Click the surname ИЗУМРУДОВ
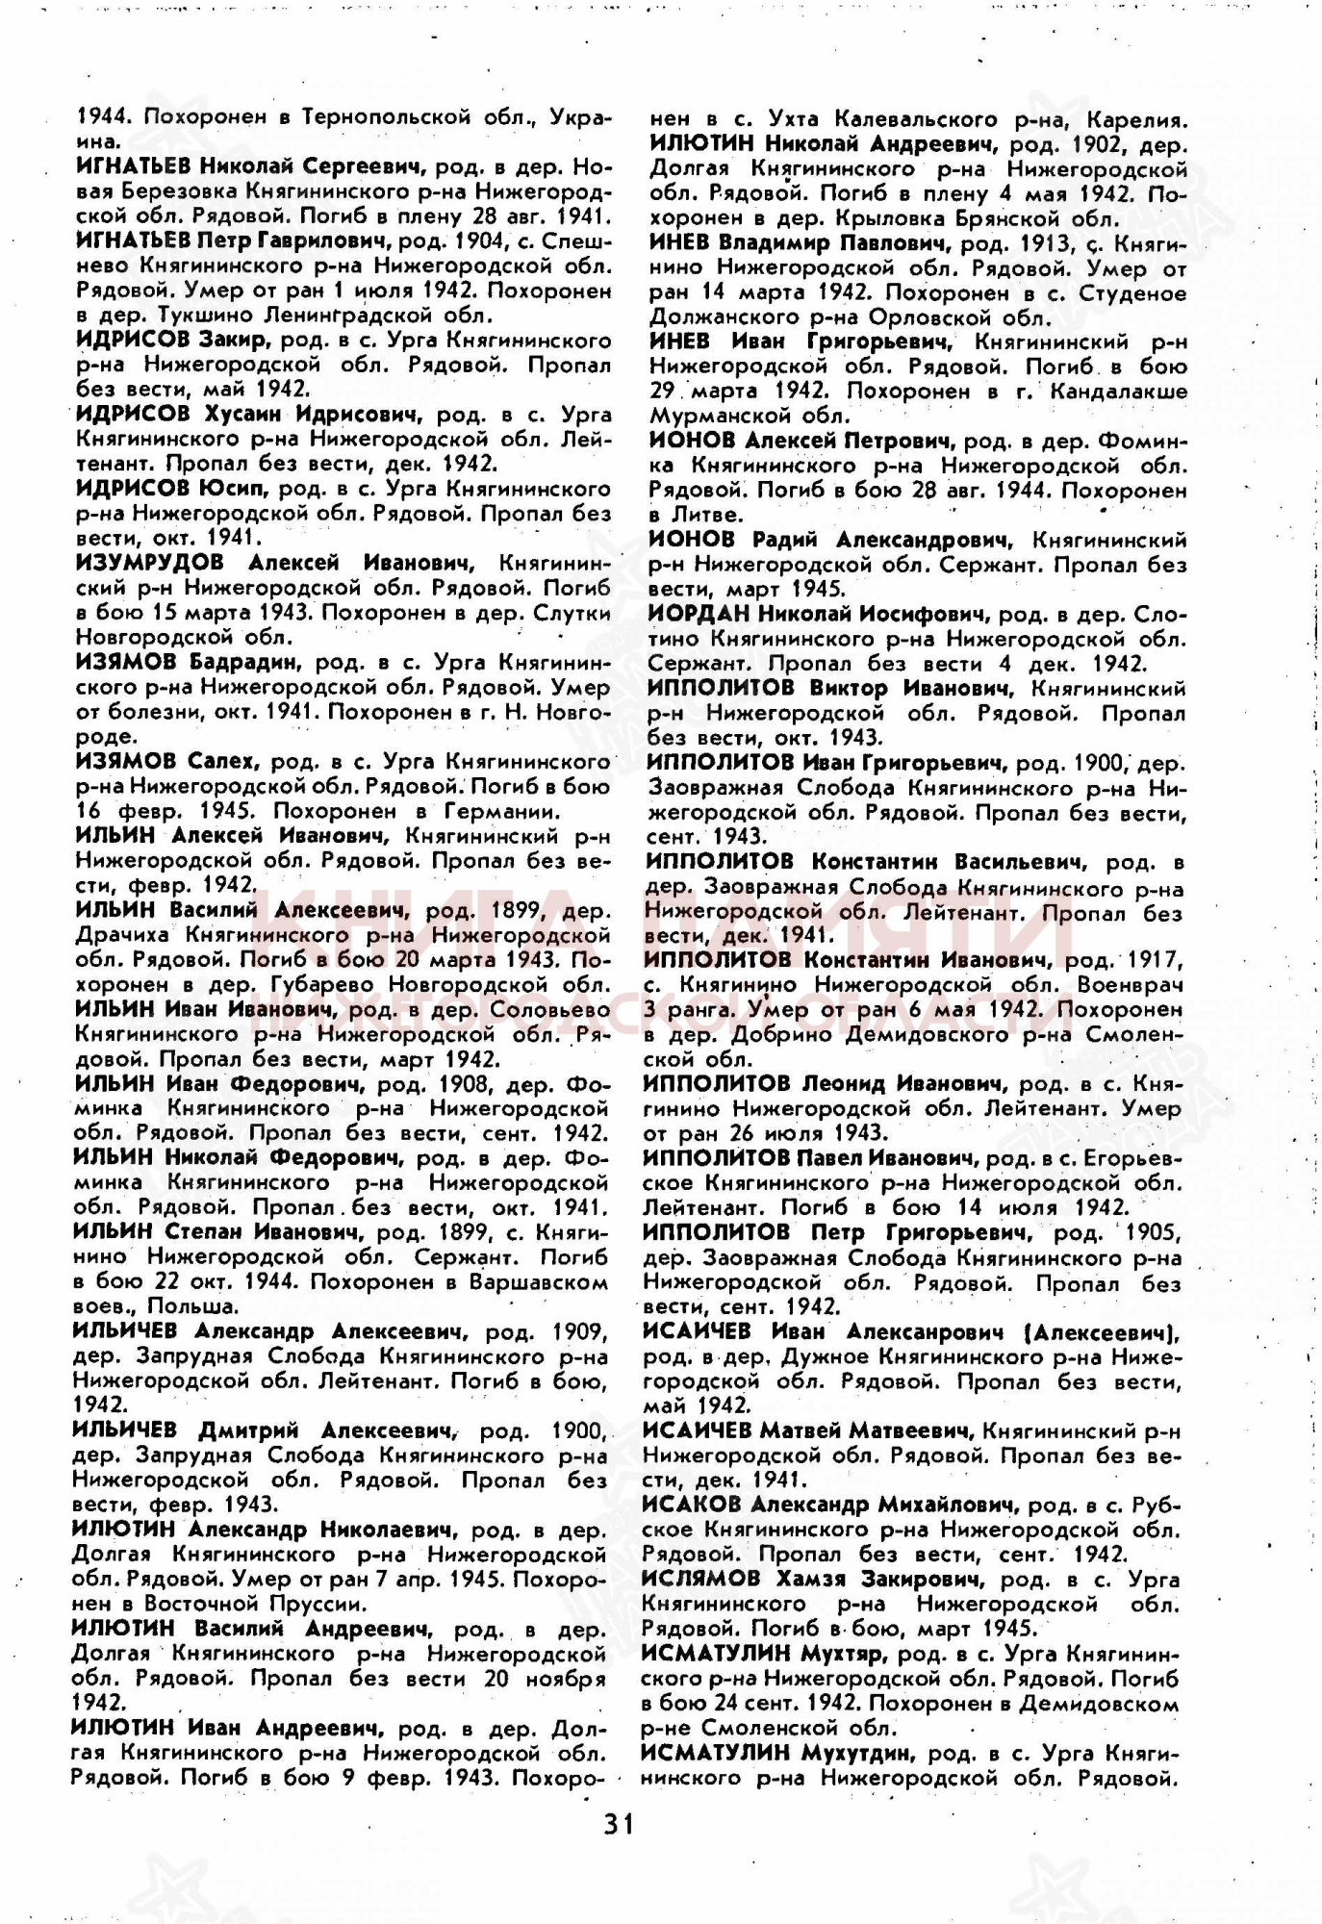(149, 562)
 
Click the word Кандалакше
(1119, 392)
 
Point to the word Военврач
(1131, 985)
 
